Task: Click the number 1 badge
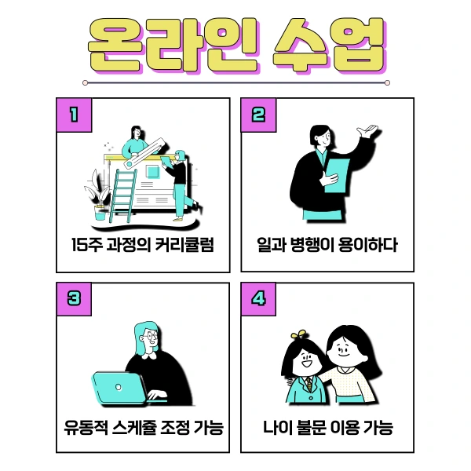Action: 75,115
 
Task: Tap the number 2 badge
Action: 258,115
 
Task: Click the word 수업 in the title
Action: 329,45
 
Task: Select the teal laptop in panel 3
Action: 119,389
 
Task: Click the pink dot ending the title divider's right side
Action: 387,82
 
